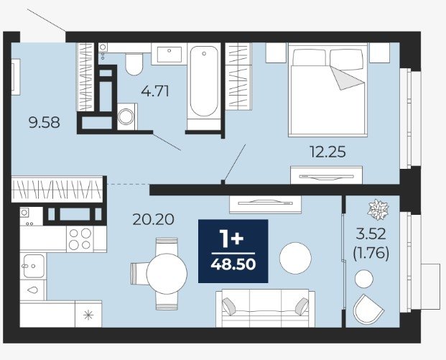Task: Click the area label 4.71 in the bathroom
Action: pyautogui.click(x=155, y=91)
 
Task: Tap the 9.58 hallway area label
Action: pyautogui.click(x=45, y=123)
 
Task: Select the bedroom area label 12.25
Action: pyautogui.click(x=327, y=152)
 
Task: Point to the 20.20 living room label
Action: pyautogui.click(x=153, y=219)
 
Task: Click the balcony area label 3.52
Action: pyautogui.click(x=371, y=234)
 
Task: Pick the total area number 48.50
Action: pyautogui.click(x=233, y=264)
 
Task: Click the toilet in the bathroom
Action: pyautogui.click(x=134, y=65)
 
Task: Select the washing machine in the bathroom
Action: pyautogui.click(x=127, y=116)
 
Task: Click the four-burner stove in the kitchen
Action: pyautogui.click(x=80, y=239)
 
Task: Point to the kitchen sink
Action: pyautogui.click(x=33, y=266)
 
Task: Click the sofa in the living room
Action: pyautogui.click(x=266, y=308)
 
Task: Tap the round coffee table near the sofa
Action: pyautogui.click(x=295, y=258)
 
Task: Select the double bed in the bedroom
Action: pyautogui.click(x=327, y=89)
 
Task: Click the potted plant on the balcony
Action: pyautogui.click(x=378, y=210)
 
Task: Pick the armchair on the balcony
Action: pyautogui.click(x=368, y=309)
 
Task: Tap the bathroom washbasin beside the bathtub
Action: pyautogui.click(x=169, y=54)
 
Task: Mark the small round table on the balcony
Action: pyautogui.click(x=364, y=279)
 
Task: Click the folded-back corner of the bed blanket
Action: pyautogui.click(x=345, y=78)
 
